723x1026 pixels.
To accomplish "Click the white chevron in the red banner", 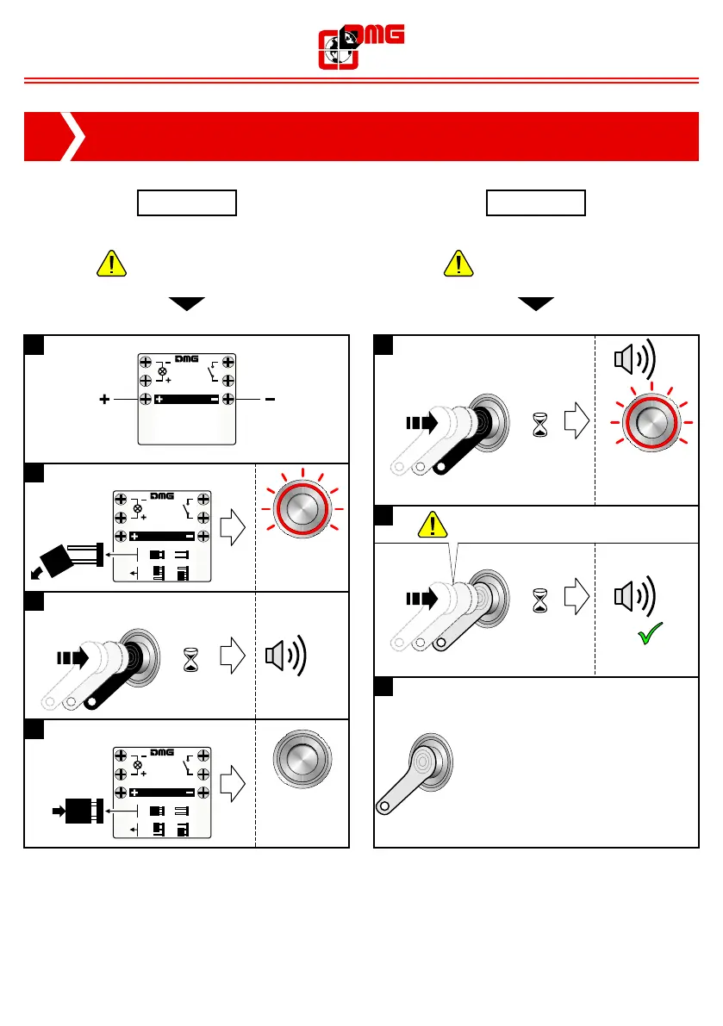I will pyautogui.click(x=75, y=136).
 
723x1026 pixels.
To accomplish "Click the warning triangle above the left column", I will pyautogui.click(x=113, y=264).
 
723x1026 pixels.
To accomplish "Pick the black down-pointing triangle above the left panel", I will pyautogui.click(x=187, y=304).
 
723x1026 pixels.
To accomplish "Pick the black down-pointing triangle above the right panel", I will pyautogui.click(x=535, y=304).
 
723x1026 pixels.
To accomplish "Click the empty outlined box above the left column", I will pyautogui.click(x=187, y=203).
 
